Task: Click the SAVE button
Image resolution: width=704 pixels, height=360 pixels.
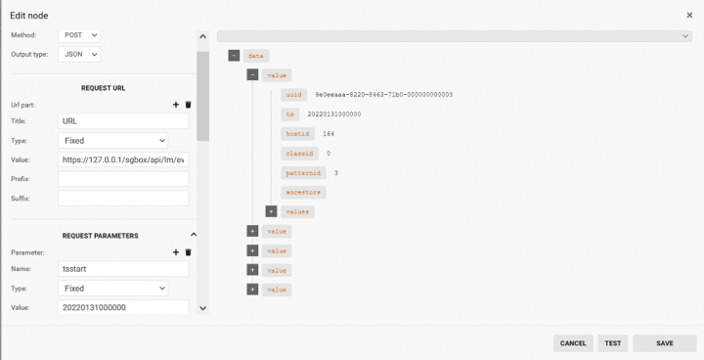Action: pyautogui.click(x=664, y=343)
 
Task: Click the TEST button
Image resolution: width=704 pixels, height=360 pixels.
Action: pyautogui.click(x=612, y=343)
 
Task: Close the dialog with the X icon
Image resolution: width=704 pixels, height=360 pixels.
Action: pyautogui.click(x=690, y=15)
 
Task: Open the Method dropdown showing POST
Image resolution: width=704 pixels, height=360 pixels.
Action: pyautogui.click(x=79, y=35)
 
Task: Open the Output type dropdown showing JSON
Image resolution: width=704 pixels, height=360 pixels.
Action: pyautogui.click(x=79, y=55)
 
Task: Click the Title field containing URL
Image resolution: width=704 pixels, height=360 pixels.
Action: pyautogui.click(x=123, y=121)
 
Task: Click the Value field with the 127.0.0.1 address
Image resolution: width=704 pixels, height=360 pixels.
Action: pyautogui.click(x=123, y=159)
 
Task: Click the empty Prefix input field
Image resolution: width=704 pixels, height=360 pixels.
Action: pyautogui.click(x=123, y=179)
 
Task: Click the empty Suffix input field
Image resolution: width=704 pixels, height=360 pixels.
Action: pyautogui.click(x=123, y=199)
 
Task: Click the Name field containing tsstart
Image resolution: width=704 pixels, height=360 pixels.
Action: pyautogui.click(x=123, y=269)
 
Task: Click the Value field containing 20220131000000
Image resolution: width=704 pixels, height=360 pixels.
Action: pyautogui.click(x=123, y=308)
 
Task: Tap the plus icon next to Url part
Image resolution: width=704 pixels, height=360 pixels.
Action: pyautogui.click(x=176, y=104)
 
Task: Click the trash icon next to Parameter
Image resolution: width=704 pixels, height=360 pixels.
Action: pyautogui.click(x=189, y=252)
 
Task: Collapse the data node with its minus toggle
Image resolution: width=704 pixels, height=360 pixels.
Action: pyautogui.click(x=234, y=56)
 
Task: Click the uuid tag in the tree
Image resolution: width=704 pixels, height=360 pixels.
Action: pyautogui.click(x=293, y=95)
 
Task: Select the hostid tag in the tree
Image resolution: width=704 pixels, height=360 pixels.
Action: pyautogui.click(x=296, y=133)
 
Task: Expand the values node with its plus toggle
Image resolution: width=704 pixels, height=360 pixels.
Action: pyautogui.click(x=272, y=211)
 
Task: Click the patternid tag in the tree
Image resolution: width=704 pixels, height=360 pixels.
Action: pyautogui.click(x=302, y=172)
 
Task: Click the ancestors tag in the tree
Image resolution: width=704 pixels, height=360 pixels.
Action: pyautogui.click(x=302, y=192)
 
